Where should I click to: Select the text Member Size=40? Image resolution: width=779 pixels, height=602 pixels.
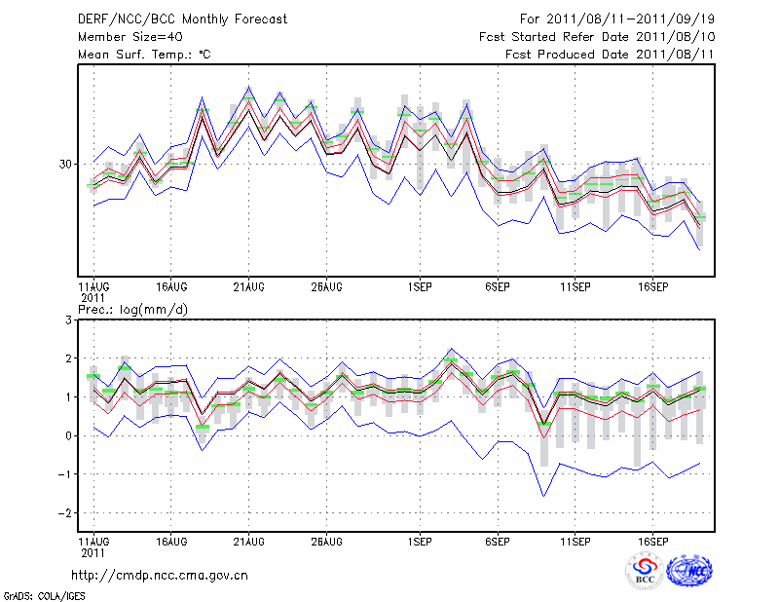(125, 37)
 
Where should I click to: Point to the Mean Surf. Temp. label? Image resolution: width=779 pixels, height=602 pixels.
(144, 55)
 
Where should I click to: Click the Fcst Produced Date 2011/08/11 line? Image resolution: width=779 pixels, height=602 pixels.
(610, 55)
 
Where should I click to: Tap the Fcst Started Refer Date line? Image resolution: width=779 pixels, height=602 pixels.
(597, 37)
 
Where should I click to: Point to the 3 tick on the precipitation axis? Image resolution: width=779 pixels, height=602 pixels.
(68, 320)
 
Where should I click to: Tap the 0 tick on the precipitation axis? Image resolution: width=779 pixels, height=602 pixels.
(68, 435)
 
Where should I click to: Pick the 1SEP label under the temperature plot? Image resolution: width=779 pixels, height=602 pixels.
(420, 287)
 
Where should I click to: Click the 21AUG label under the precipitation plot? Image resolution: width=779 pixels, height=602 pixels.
(248, 540)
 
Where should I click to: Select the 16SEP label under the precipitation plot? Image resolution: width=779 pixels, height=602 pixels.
(652, 540)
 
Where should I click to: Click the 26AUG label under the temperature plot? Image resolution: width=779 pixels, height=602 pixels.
(326, 287)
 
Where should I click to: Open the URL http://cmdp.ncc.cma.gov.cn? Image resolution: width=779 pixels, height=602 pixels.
(160, 575)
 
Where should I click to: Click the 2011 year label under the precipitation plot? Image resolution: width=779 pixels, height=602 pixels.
(93, 550)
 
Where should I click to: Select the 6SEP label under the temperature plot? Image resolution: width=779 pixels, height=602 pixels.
(498, 287)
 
